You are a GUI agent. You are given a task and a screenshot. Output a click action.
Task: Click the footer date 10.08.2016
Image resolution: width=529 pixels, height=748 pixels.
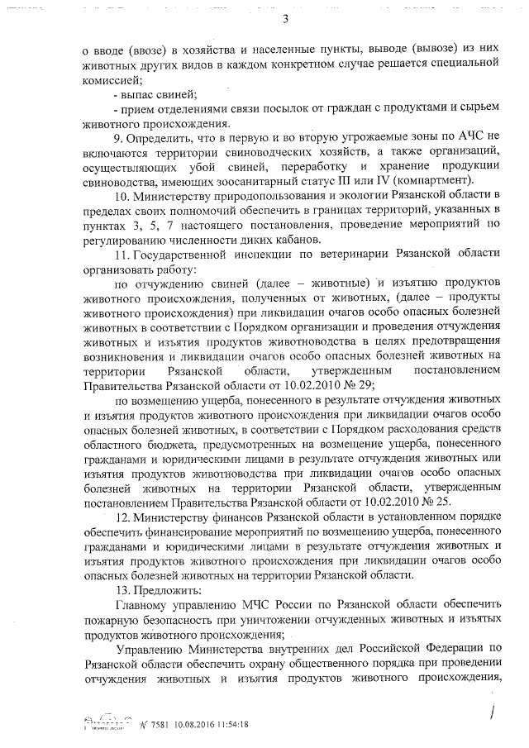[x=170, y=723]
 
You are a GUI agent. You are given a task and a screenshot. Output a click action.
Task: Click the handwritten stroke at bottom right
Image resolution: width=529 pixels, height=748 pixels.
[x=493, y=709]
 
